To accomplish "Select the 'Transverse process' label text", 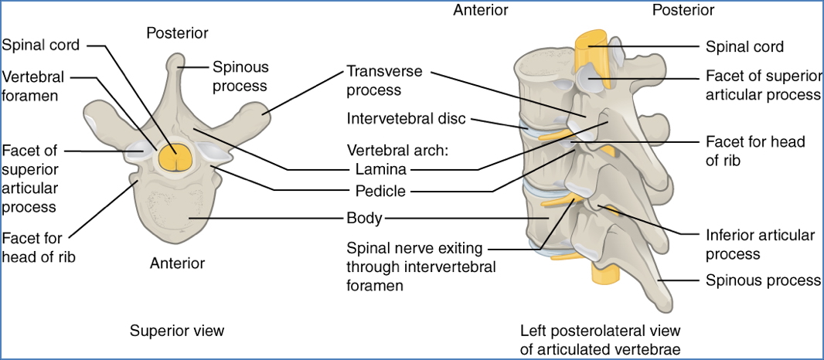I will (x=384, y=80).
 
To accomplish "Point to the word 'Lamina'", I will (x=381, y=168).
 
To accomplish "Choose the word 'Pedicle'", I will (x=380, y=190).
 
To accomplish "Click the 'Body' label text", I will (x=364, y=218).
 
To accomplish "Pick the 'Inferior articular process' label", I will (x=760, y=244).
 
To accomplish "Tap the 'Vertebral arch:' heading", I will (x=395, y=149).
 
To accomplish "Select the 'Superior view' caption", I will (x=177, y=331).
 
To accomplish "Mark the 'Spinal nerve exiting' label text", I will (x=414, y=248).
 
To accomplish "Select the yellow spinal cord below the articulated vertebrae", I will (x=601, y=270).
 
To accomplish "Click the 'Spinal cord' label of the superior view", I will (x=40, y=45).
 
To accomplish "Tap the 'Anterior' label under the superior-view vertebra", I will (x=177, y=263).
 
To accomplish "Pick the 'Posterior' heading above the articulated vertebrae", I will (x=683, y=10).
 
